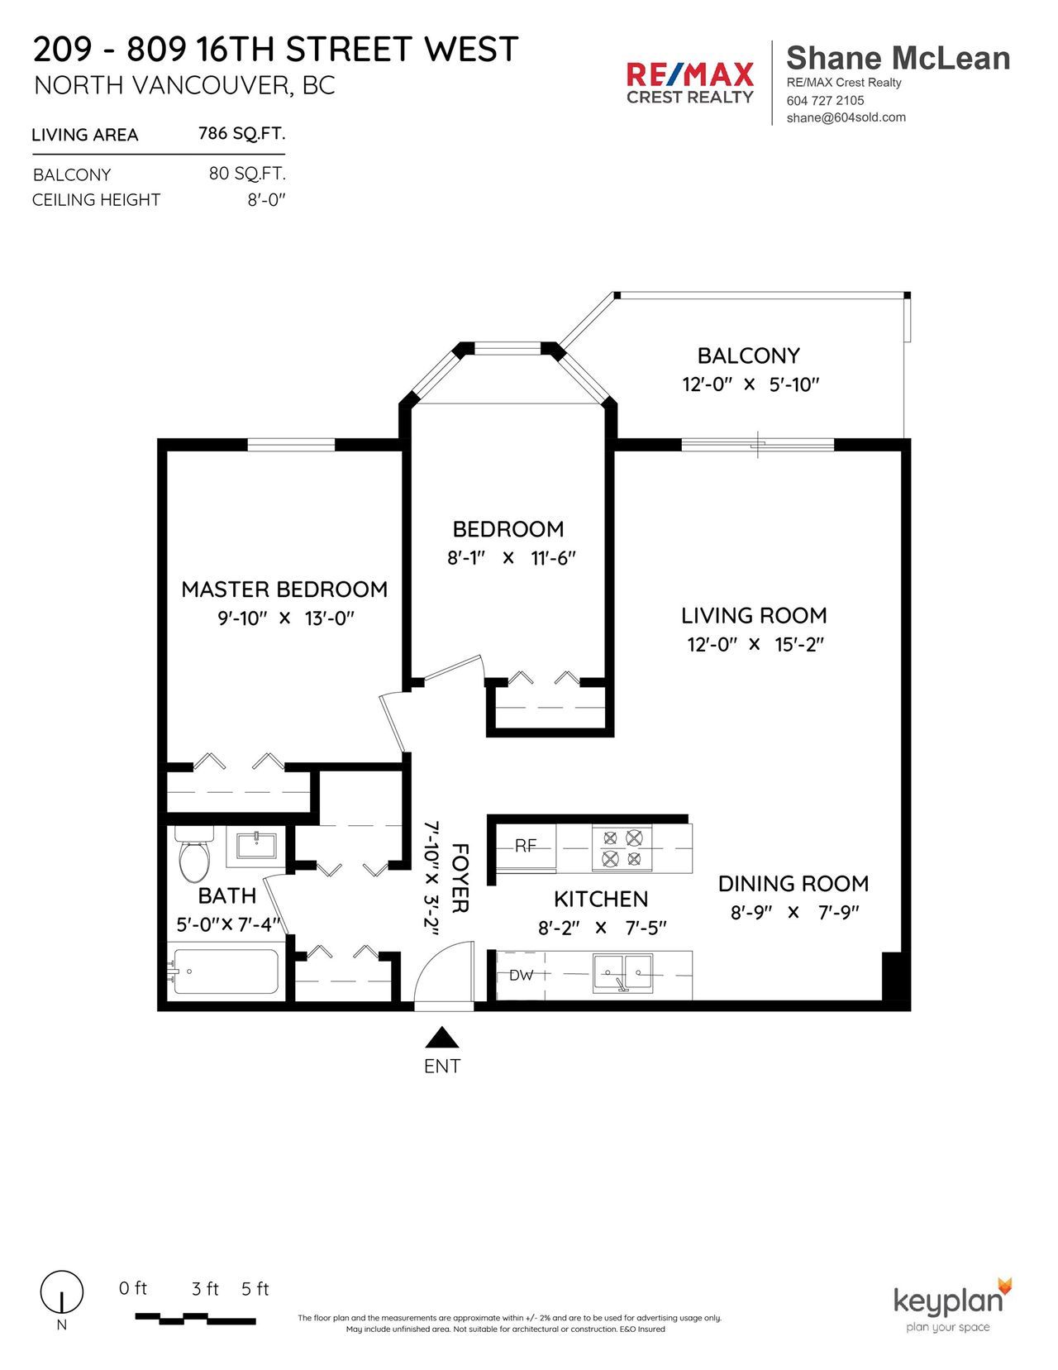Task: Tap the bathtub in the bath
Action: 225,971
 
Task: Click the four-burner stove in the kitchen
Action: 622,848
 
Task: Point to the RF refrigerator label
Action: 526,846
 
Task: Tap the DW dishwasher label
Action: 521,976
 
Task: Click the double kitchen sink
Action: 622,973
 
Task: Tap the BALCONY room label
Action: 749,356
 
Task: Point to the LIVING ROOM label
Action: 755,615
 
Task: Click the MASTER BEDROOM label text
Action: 285,590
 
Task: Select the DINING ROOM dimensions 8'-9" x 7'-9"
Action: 795,912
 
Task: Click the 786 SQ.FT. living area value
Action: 242,133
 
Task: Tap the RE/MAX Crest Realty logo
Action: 690,83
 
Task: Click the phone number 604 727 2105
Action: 826,100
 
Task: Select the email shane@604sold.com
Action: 846,117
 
